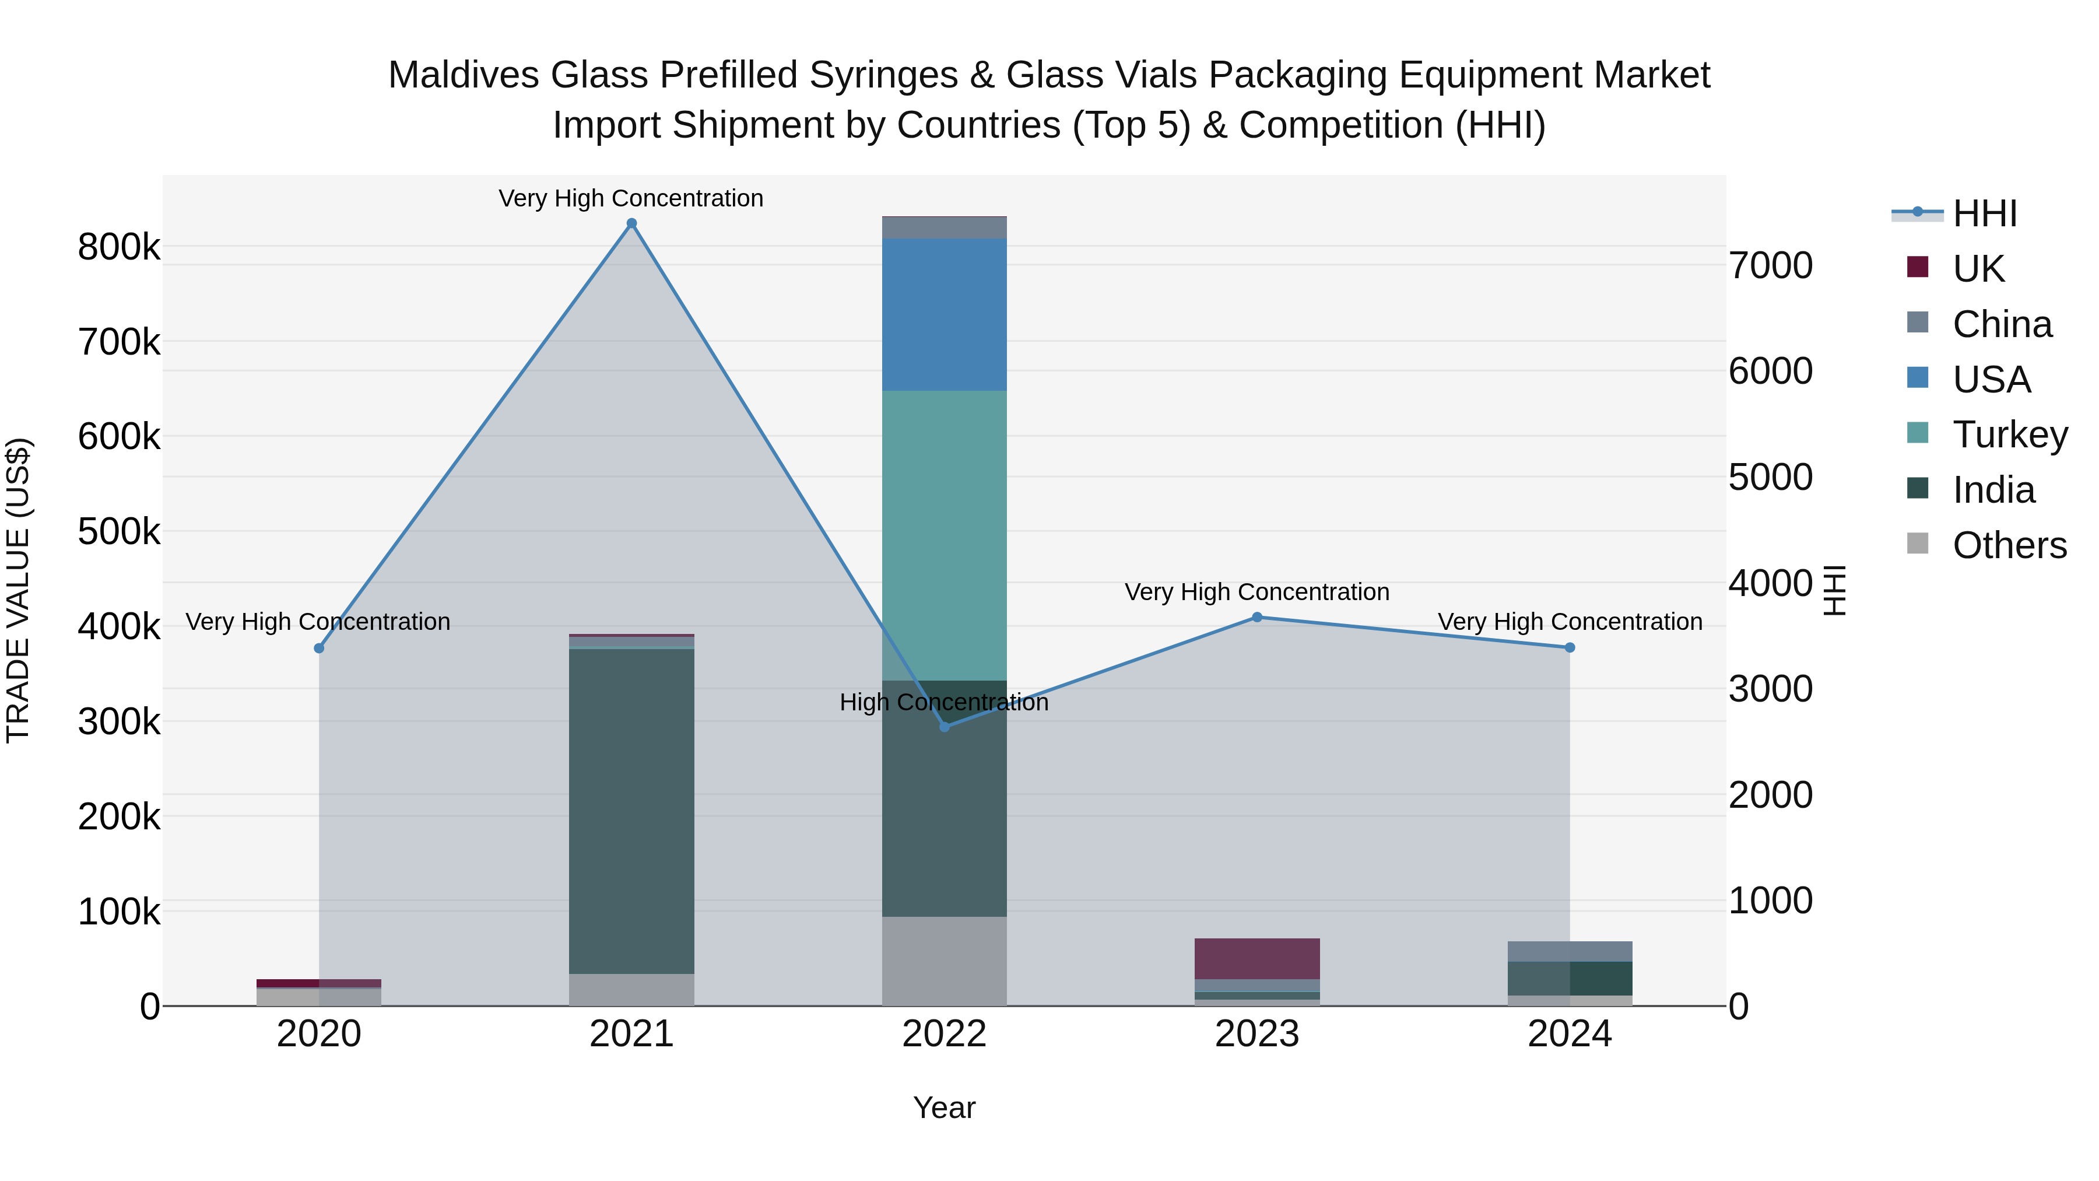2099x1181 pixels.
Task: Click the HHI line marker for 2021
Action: tap(631, 223)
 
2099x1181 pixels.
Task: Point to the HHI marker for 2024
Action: tap(1570, 648)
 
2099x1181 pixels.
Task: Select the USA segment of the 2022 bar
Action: tap(945, 314)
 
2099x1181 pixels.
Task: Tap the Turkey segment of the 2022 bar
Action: tap(945, 535)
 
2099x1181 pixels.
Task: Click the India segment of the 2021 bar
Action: tap(631, 811)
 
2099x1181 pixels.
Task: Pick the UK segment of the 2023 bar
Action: tap(1257, 958)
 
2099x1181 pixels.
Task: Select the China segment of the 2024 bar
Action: tap(1570, 951)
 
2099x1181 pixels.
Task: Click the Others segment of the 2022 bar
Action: tap(945, 961)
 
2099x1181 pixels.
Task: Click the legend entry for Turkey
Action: tap(2009, 434)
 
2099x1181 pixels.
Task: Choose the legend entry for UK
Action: tap(1978, 269)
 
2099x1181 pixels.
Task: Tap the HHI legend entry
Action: tap(1984, 213)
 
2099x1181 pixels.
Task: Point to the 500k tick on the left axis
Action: tap(119, 531)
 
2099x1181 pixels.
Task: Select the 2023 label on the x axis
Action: tap(1257, 1034)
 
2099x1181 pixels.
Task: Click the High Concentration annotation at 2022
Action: tap(945, 702)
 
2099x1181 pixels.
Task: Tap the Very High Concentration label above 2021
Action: tap(631, 198)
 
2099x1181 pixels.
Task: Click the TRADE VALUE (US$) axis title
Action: tap(18, 590)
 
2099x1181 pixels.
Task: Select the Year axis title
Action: tap(945, 1108)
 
